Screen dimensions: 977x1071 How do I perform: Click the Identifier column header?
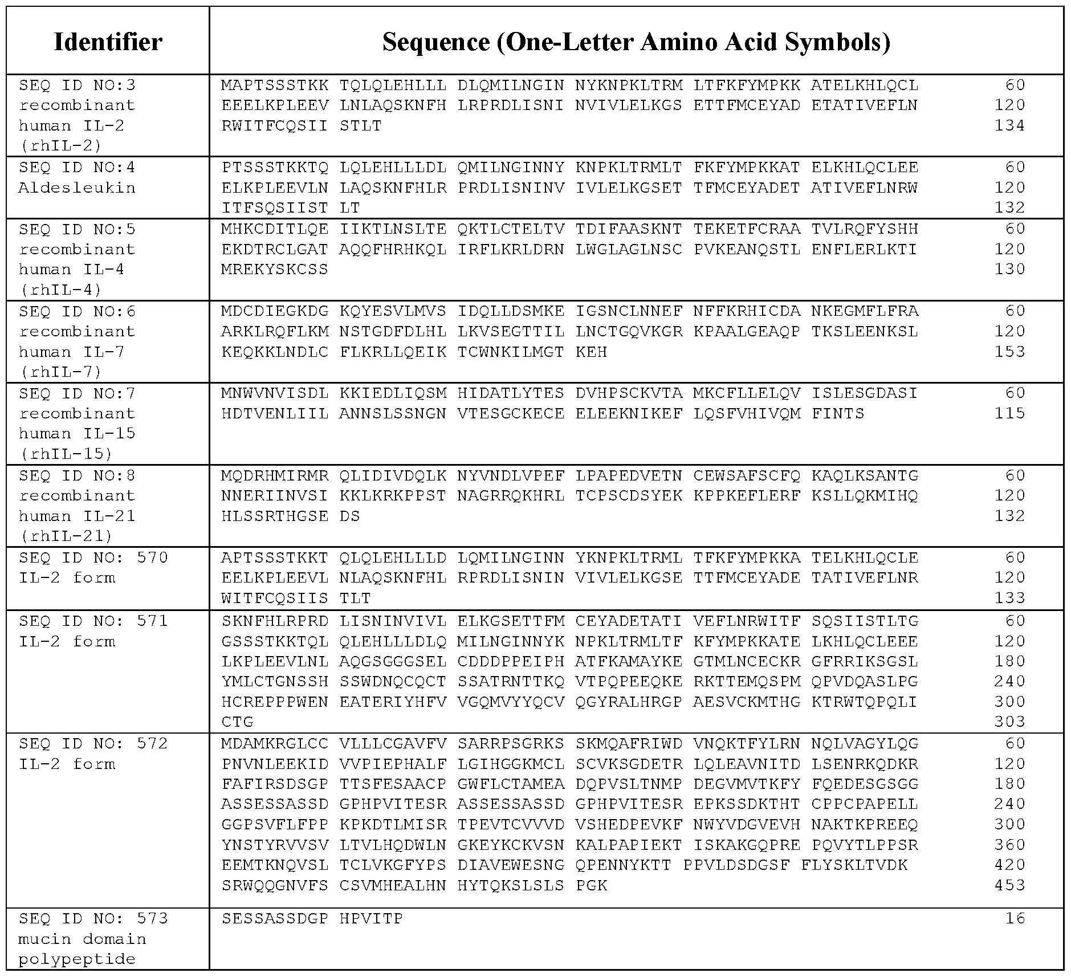pos(108,42)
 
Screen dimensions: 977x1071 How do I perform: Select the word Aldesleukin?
pos(77,188)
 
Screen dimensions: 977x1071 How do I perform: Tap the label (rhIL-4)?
pos(61,290)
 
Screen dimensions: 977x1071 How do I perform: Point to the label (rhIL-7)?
pos(61,372)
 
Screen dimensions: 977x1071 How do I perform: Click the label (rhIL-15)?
pos(66,454)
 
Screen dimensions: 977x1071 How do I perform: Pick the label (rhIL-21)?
pos(66,536)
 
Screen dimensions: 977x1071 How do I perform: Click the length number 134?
pos(1009,125)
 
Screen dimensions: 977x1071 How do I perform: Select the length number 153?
pos(1009,352)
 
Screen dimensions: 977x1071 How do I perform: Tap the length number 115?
pos(1009,413)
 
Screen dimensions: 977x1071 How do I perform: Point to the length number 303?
pos(1009,722)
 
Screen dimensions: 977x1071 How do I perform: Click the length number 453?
pos(1009,885)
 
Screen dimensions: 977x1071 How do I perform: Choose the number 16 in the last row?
pos(1015,918)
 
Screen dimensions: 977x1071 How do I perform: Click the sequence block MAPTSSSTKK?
pos(275,86)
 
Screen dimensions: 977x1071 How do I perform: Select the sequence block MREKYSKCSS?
pos(275,269)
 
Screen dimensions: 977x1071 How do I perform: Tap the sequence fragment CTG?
pos(237,722)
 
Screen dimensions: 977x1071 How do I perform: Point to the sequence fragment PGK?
pos(591,885)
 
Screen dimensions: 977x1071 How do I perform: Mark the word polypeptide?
pos(77,959)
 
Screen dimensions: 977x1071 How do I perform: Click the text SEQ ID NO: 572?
pos(93,743)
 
